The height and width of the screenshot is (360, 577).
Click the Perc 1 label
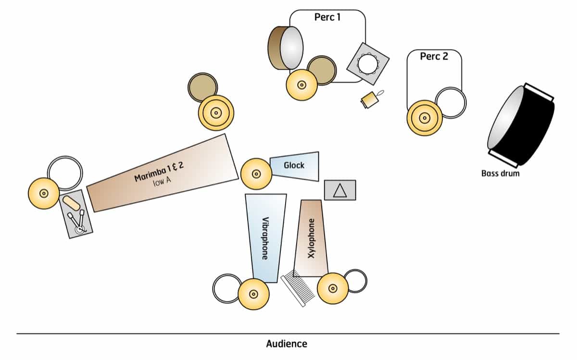(327, 17)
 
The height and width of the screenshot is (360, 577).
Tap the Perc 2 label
(434, 56)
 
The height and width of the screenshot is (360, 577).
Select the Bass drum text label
(500, 173)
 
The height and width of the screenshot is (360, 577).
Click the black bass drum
(522, 125)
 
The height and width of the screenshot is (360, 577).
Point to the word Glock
(294, 165)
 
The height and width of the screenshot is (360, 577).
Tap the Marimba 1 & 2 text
(159, 172)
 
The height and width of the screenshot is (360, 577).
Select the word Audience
(287, 344)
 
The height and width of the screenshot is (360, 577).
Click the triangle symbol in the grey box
(340, 190)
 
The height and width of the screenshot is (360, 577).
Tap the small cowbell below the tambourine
(369, 99)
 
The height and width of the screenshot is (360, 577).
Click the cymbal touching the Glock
(256, 174)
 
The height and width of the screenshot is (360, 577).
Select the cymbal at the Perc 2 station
(425, 117)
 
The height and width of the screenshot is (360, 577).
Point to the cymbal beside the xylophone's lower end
(332, 288)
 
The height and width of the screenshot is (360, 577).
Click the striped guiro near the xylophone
(297, 288)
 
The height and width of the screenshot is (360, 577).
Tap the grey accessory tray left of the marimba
(76, 213)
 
